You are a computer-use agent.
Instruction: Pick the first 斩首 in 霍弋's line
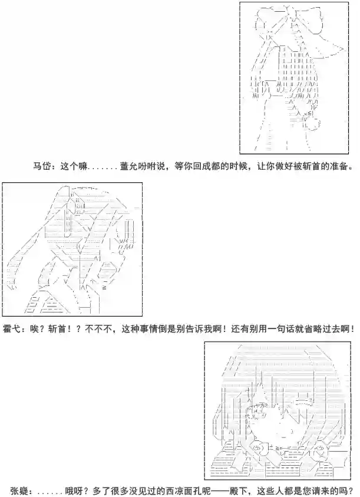pos(57,329)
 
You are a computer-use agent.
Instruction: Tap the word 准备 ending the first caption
pos(339,166)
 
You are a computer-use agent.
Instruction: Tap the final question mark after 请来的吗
pos(351,491)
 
